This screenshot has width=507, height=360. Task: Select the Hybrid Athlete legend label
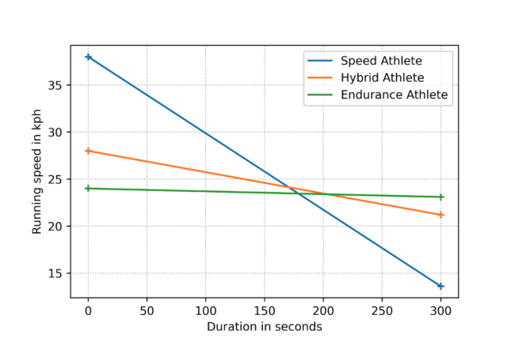point(383,78)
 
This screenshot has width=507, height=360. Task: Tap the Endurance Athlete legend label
point(395,94)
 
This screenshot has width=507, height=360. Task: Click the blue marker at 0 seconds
point(89,57)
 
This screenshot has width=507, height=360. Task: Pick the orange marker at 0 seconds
point(89,151)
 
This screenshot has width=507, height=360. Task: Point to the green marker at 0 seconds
point(89,189)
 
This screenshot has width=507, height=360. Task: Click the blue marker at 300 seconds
point(440,285)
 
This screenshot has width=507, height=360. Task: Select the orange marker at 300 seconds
point(440,215)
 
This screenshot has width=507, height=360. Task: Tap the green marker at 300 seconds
point(440,197)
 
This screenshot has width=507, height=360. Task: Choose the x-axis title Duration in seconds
point(265,327)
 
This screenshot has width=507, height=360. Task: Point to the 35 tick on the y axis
point(58,85)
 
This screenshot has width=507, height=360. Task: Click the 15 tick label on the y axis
point(58,274)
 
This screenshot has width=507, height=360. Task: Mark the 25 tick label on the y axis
point(58,179)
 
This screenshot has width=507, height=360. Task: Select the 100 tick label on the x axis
point(206,311)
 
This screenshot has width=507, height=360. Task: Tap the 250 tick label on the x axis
point(382,311)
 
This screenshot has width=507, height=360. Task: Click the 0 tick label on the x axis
point(89,311)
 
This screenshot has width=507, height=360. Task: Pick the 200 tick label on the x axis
point(323,311)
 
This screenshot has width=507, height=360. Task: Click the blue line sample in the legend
point(322,61)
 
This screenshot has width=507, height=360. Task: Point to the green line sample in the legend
point(322,94)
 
